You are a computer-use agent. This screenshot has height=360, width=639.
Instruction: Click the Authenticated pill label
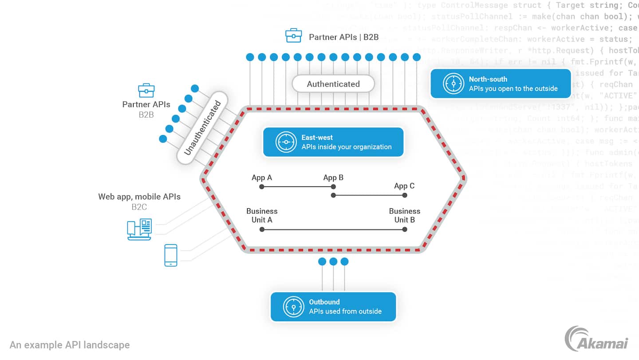pos(333,84)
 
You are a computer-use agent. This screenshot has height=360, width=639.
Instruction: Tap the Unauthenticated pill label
pos(202,128)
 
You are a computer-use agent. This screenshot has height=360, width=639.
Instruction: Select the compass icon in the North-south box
pos(453,83)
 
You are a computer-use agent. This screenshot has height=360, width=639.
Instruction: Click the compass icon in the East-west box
pos(286,142)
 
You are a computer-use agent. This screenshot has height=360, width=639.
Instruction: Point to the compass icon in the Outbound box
pos(293,306)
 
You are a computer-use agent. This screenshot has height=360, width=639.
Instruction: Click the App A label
pos(262,178)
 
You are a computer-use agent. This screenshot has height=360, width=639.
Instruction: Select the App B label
pos(333,178)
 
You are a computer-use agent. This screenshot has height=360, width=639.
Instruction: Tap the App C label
pos(404,186)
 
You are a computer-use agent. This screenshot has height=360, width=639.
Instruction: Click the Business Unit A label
pos(262,215)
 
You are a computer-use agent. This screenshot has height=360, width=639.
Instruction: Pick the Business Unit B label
pos(404,215)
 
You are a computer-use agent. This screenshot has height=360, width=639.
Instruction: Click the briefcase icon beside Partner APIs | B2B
pos(294,36)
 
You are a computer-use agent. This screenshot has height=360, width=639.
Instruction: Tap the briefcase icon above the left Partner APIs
pos(146,91)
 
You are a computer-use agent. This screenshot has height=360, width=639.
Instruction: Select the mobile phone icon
pos(171,255)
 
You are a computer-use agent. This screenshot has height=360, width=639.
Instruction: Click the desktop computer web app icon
pos(139,229)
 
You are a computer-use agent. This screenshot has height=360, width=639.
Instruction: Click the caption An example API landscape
pos(70,345)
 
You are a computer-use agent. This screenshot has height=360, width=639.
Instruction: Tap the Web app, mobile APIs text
pos(139,197)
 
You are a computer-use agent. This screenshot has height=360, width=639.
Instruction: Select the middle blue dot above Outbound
pos(333,261)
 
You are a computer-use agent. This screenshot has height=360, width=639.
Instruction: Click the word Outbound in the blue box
pos(324,302)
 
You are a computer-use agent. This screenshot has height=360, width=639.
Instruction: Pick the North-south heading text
pos(488,79)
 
